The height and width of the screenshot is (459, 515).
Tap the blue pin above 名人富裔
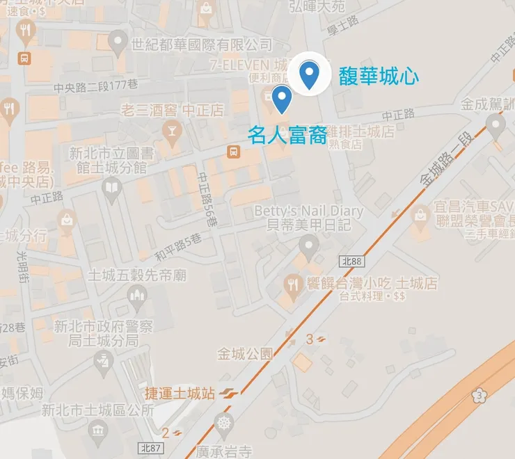[x=281, y=99]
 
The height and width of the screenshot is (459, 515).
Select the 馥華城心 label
[x=379, y=76]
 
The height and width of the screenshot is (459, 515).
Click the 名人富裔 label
[x=287, y=134]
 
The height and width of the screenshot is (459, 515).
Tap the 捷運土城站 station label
[x=180, y=394]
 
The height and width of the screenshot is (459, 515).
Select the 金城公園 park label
[x=244, y=353]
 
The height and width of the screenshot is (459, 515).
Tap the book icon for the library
[x=111, y=186]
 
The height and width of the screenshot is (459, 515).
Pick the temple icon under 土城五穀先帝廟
[x=138, y=300]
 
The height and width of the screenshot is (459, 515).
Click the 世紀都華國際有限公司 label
[x=202, y=45]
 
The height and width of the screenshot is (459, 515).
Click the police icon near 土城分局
[x=103, y=360]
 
